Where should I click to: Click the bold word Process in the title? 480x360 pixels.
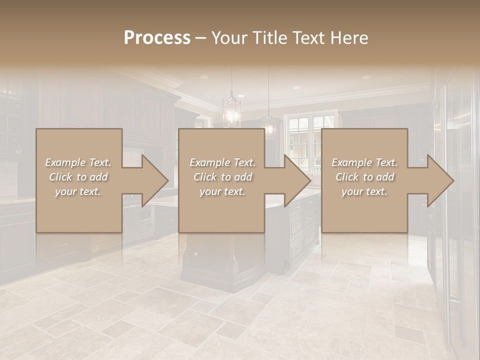(157, 38)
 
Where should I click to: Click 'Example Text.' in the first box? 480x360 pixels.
(78, 162)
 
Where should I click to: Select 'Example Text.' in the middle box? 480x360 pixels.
(222, 162)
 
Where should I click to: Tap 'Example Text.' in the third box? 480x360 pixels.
(364, 162)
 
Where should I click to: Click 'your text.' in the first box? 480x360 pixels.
(78, 191)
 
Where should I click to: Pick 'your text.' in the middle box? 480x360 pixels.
(222, 191)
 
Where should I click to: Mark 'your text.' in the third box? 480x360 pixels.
(364, 191)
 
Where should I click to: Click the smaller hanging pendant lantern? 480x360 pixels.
(269, 125)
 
